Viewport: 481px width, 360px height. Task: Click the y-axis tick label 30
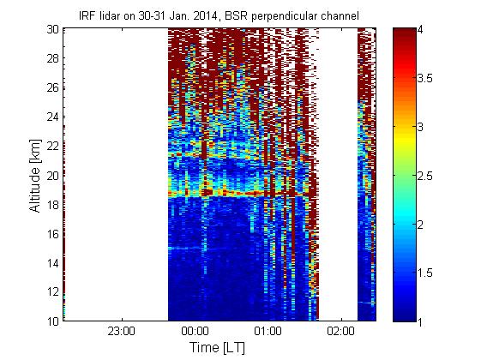[x=52, y=29]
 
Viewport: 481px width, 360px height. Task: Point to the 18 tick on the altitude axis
[x=52, y=205]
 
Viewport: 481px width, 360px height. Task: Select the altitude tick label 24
[x=52, y=117]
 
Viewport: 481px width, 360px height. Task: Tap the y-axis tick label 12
[x=52, y=292]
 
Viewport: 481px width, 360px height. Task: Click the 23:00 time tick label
[x=122, y=331]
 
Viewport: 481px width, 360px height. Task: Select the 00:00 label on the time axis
[x=195, y=331]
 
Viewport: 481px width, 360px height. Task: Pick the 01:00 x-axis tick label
[x=268, y=331]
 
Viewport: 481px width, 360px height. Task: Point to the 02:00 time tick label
[x=340, y=331]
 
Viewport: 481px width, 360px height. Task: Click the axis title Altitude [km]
[x=35, y=176]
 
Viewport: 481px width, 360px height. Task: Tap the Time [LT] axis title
[x=218, y=347]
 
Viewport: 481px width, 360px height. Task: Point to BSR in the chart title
[x=236, y=16]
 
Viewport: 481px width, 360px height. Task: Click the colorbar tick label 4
[x=420, y=30]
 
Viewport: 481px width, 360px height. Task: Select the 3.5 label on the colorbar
[x=424, y=79]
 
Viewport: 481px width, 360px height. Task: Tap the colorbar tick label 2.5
[x=424, y=176]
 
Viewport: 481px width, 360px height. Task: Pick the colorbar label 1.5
[x=424, y=273]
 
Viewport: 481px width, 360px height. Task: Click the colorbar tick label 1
[x=420, y=321]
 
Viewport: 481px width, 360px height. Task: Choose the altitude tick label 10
[x=52, y=321]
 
